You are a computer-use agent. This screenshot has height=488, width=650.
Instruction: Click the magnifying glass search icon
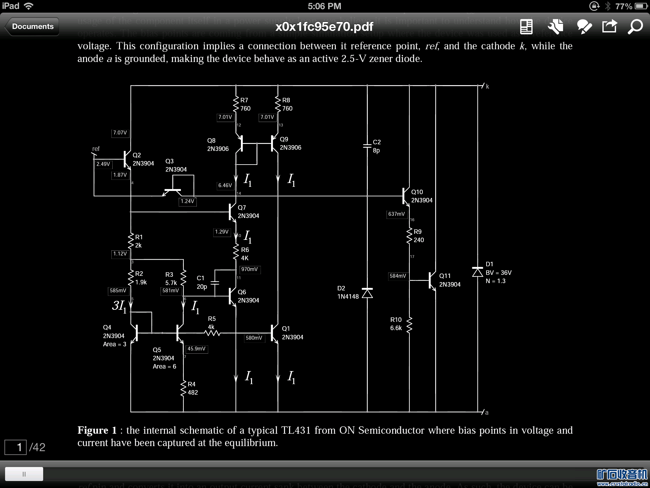(x=635, y=27)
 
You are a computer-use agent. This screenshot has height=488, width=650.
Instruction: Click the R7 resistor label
(x=244, y=100)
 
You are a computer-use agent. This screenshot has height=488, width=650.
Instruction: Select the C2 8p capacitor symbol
(x=367, y=146)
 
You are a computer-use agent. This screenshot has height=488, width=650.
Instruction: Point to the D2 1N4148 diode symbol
(x=367, y=293)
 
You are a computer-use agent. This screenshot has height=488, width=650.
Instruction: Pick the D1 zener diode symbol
(x=477, y=272)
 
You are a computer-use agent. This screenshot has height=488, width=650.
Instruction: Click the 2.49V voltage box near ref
(x=103, y=164)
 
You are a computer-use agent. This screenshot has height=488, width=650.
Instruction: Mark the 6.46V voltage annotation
(x=225, y=185)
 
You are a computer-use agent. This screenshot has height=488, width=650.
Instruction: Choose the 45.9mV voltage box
(x=196, y=349)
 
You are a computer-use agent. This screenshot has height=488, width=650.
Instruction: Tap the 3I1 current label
(x=119, y=306)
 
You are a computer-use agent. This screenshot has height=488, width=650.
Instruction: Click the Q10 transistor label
(x=417, y=192)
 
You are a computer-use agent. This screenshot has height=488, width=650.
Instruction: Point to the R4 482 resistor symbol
(x=183, y=388)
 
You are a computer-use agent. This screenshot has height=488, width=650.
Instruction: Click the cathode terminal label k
(x=487, y=86)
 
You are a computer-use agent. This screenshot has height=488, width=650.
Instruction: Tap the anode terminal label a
(x=487, y=412)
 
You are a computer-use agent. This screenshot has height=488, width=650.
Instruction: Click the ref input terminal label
(x=96, y=149)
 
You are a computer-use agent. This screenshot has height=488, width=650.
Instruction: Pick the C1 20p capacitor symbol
(x=215, y=282)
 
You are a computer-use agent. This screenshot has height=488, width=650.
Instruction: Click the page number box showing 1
(x=16, y=447)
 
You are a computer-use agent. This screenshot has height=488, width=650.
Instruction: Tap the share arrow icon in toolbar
(x=609, y=26)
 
